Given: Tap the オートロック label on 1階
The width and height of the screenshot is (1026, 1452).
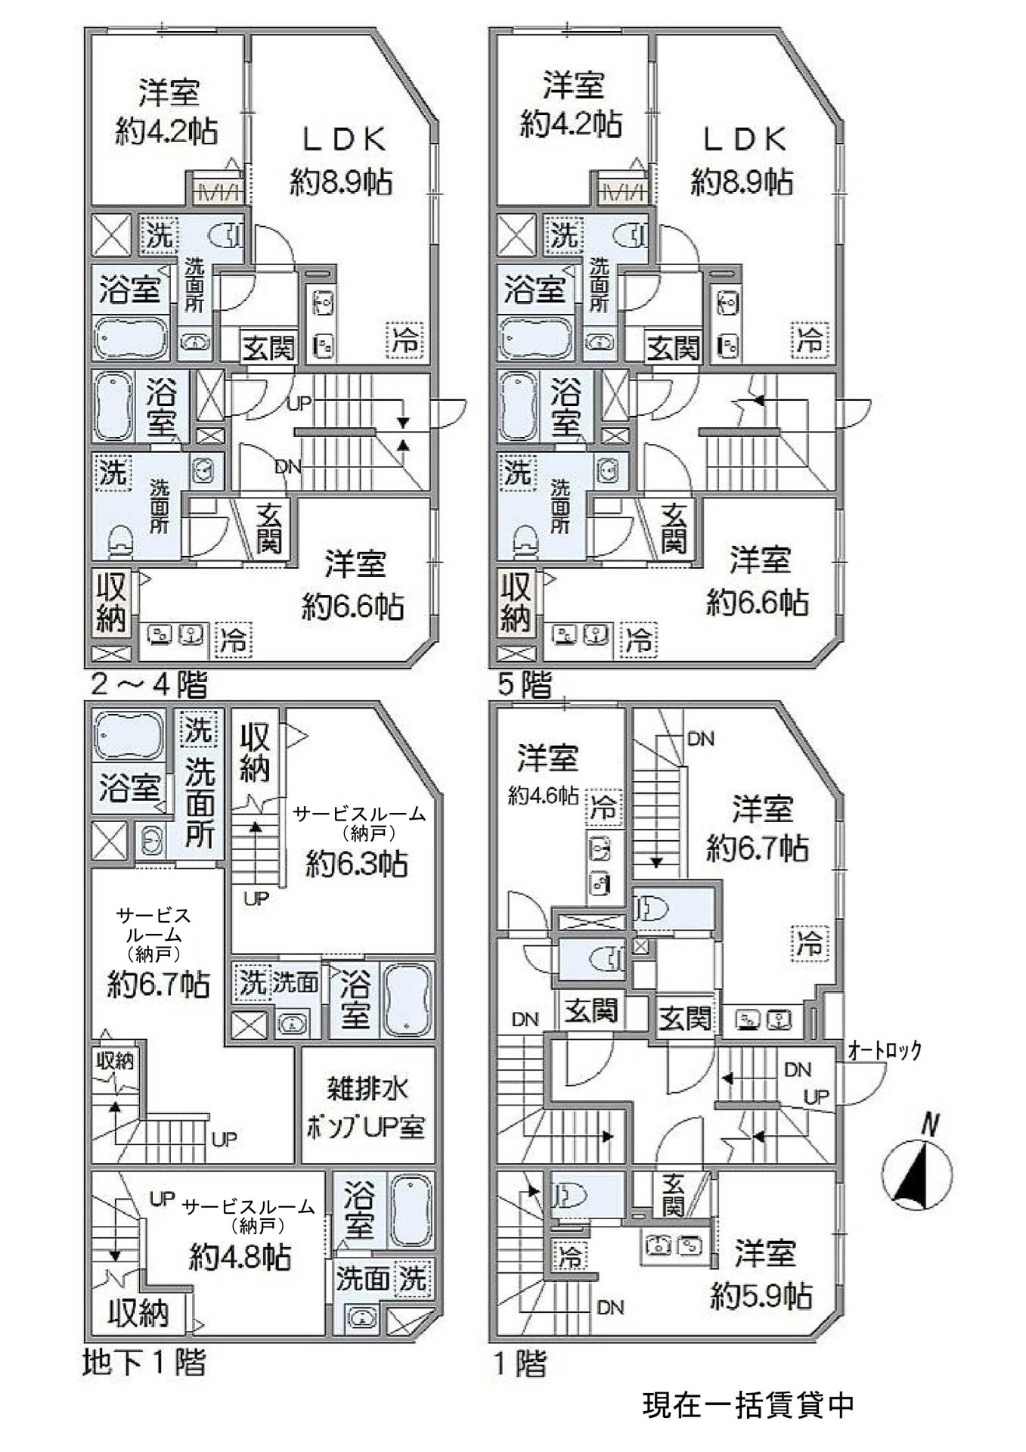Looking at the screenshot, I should tap(884, 1050).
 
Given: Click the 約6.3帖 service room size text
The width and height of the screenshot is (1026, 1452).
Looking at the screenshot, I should tap(356, 863).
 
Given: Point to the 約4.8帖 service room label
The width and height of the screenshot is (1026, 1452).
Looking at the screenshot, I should tap(240, 1257).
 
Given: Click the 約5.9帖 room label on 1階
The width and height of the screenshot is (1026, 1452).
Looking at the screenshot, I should tap(761, 1295).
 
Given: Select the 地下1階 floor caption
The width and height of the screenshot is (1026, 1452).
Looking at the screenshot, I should tap(143, 1362).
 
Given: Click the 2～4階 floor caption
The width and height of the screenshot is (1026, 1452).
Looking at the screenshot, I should tap(148, 685).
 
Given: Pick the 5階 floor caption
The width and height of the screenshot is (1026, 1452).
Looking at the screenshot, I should tap(524, 685).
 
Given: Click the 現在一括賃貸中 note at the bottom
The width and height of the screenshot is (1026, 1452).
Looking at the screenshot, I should tap(748, 1404).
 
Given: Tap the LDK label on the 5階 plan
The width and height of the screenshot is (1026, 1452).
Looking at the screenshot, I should tap(744, 139).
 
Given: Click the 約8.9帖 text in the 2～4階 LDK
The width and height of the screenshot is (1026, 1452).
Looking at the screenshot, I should tap(341, 181).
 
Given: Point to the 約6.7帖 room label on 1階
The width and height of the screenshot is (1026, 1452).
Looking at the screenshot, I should tap(758, 848).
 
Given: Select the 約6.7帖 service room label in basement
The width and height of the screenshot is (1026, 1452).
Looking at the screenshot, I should tap(158, 984).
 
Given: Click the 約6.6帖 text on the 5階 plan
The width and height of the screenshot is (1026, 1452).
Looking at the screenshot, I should tap(758, 603).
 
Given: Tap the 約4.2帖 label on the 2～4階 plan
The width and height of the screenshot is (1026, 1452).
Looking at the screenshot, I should tap(167, 132).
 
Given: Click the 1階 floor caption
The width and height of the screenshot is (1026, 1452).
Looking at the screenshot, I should tap(519, 1362).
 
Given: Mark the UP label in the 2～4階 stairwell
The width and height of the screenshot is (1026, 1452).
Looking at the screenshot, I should tap(299, 404).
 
